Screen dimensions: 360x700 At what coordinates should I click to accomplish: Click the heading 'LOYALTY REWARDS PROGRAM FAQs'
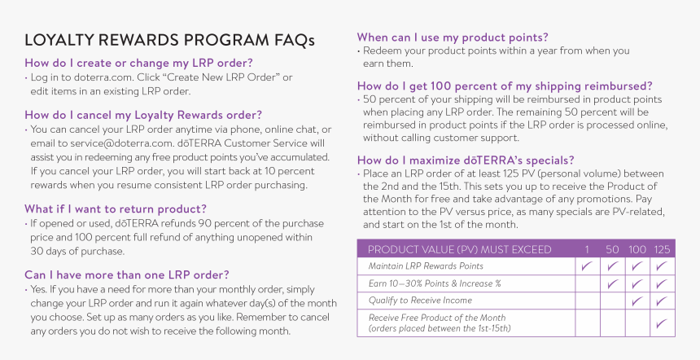169,41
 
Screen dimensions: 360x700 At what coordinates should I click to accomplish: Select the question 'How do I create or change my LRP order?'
138,63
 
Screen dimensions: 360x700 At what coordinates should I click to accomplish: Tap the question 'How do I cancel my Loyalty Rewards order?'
143,115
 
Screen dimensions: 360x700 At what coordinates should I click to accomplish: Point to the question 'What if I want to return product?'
115,209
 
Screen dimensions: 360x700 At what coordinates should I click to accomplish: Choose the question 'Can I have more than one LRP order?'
126,274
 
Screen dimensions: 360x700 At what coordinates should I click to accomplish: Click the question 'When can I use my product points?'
452,37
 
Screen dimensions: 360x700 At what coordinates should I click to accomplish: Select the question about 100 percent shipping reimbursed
505,85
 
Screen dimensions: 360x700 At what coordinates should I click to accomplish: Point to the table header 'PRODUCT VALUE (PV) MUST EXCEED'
459,249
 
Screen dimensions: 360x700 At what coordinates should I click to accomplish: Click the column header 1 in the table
587,249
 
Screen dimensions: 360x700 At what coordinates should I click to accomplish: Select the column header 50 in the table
612,249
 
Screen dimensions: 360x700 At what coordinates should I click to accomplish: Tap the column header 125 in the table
662,249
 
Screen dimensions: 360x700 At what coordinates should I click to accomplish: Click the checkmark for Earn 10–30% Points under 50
612,283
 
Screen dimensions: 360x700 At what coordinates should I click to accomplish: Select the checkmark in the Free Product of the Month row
662,323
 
